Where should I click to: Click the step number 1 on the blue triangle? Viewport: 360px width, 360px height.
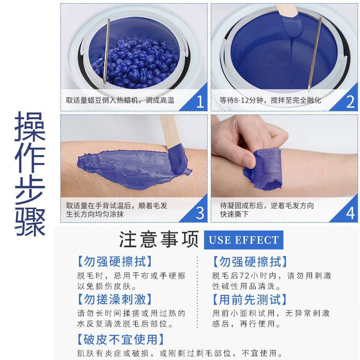coord(200,102)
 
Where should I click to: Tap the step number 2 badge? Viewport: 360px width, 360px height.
coord(350,102)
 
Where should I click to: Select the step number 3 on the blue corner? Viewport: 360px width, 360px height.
coord(200,213)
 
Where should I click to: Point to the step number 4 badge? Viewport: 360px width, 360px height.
coord(350,213)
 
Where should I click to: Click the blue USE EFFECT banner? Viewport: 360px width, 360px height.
coord(244,240)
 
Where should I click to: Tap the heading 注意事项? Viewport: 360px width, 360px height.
coord(159,240)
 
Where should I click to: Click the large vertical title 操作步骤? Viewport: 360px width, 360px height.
coord(30,174)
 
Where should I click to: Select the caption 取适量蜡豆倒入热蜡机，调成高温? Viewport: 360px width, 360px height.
coord(120,100)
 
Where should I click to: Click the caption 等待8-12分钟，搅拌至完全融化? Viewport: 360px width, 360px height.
coord(270,100)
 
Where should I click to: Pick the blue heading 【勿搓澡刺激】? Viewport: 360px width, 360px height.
coord(114,299)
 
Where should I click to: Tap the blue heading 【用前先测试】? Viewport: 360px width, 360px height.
coord(249,299)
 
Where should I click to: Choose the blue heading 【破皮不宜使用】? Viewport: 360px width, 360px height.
coord(121,339)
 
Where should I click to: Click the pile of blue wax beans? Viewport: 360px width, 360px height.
coord(135,63)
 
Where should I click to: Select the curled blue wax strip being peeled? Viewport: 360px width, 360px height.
coord(264,169)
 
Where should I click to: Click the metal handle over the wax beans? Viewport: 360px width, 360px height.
coord(106,51)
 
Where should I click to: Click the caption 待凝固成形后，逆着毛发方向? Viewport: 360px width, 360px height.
coord(267,206)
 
